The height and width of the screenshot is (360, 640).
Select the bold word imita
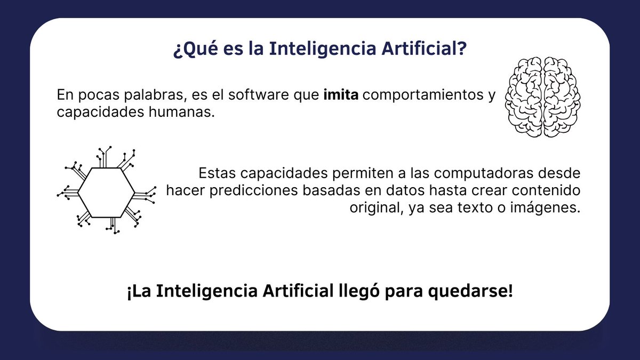pyautogui.click(x=341, y=95)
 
